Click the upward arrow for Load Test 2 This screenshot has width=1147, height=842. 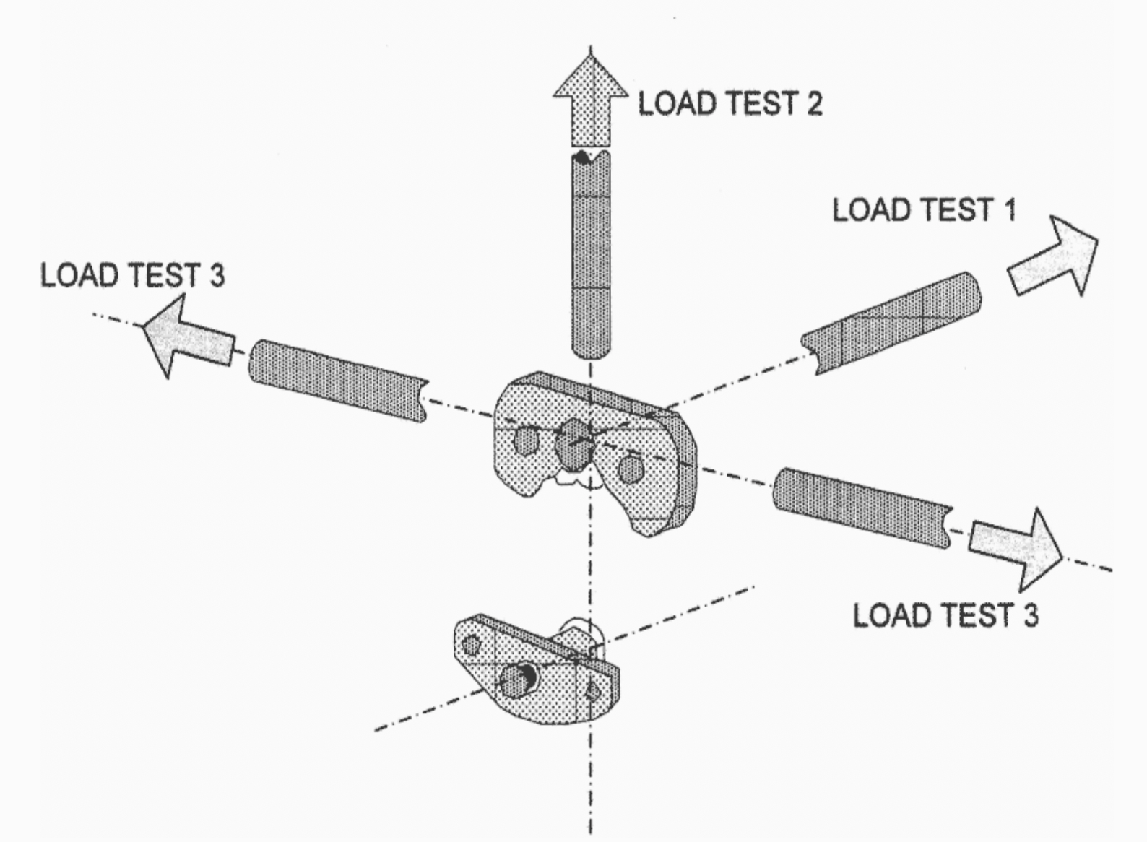tap(591, 101)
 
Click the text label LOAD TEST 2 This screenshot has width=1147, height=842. tap(730, 104)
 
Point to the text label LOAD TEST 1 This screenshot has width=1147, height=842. tap(925, 210)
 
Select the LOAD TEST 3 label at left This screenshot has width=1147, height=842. tap(133, 276)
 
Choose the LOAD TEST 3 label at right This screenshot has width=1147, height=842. tap(945, 615)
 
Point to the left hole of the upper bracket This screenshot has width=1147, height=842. tap(526, 440)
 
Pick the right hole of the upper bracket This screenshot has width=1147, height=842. tap(631, 469)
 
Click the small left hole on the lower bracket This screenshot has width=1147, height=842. tap(472, 644)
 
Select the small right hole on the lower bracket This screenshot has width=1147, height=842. tap(592, 692)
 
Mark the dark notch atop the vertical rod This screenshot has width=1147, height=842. tap(582, 157)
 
